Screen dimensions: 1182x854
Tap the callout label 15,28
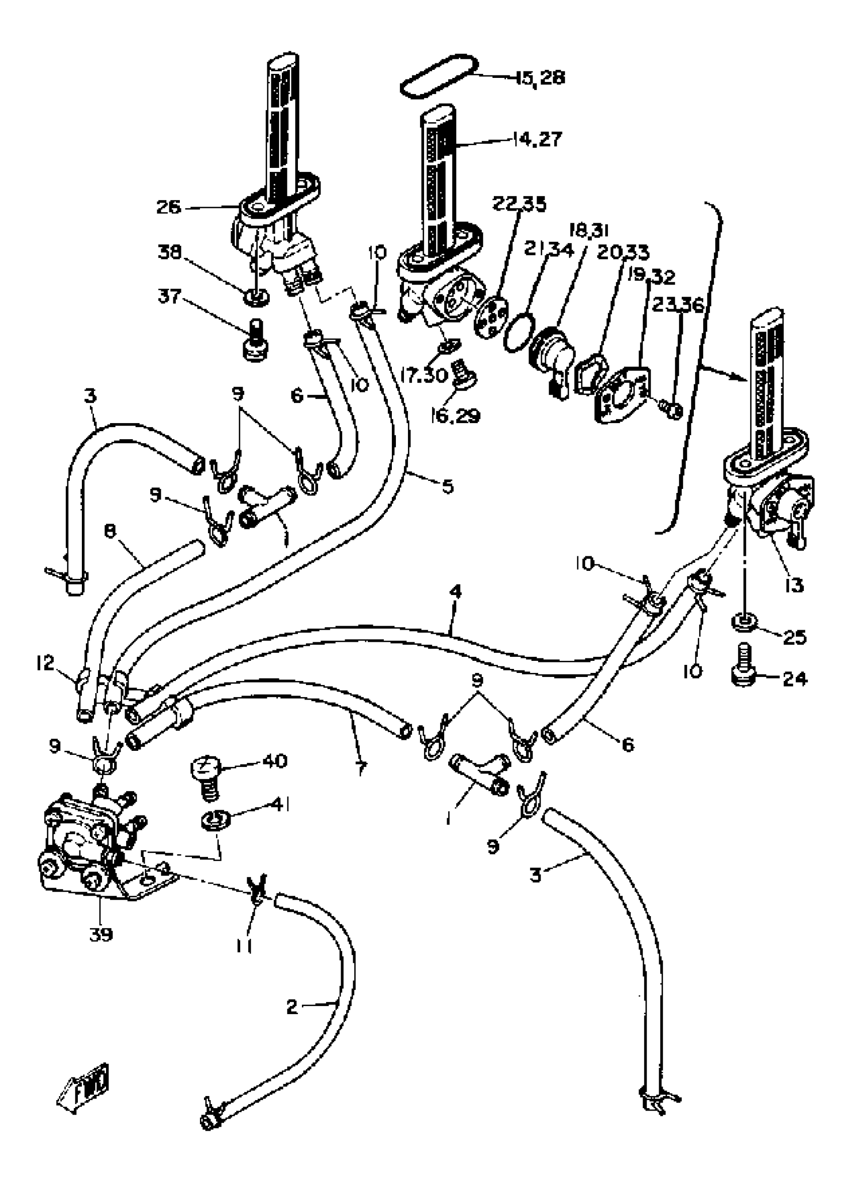tap(541, 78)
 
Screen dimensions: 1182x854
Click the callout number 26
tap(168, 208)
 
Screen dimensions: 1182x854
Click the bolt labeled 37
tap(255, 344)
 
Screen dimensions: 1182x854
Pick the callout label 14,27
tap(537, 140)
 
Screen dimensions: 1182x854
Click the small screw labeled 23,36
tap(672, 411)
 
